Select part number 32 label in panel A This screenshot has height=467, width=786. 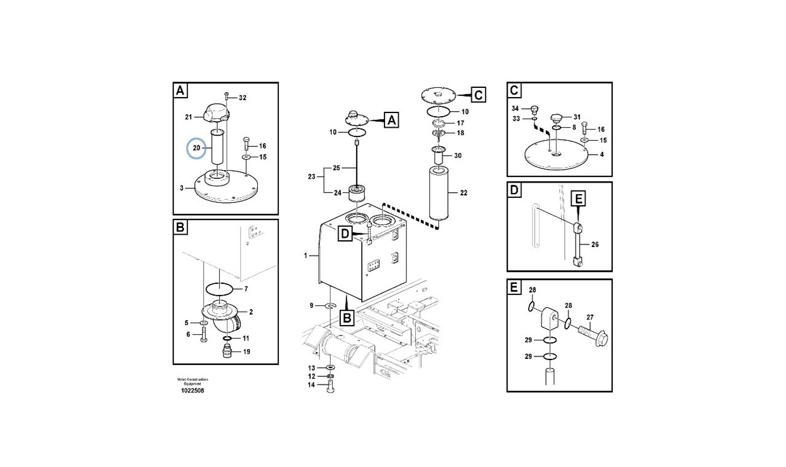point(242,98)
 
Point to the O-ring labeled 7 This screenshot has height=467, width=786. point(219,288)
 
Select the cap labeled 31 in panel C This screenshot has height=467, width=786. point(556,117)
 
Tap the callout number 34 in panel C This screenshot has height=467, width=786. point(515,108)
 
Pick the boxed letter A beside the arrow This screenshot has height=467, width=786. point(391,120)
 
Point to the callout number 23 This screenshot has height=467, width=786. point(312,177)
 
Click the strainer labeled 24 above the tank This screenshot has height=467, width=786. point(357,195)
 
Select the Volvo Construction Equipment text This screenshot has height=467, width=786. point(192,381)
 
